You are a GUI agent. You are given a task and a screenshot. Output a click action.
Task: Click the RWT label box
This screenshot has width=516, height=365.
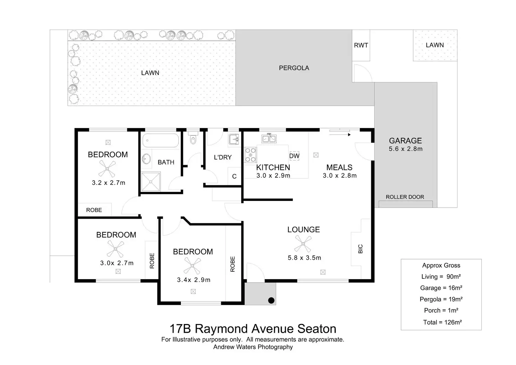(x=361, y=45)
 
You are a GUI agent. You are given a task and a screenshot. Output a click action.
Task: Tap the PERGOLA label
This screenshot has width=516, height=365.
(x=294, y=68)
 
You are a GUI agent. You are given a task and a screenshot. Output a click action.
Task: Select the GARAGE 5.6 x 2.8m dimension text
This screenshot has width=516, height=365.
(x=406, y=149)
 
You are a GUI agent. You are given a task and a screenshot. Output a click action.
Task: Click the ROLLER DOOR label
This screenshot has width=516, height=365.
(x=405, y=197)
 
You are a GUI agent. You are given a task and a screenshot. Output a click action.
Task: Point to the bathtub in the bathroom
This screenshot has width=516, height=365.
(x=161, y=140)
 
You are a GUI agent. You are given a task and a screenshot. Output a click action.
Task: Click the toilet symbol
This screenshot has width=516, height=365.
(x=193, y=137)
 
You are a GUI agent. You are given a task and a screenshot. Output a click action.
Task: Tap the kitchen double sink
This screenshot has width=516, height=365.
(x=269, y=138)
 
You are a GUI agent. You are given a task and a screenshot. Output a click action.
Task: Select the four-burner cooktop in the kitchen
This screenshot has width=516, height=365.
(x=250, y=155)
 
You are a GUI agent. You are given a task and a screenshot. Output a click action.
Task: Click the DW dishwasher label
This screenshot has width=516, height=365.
(x=294, y=156)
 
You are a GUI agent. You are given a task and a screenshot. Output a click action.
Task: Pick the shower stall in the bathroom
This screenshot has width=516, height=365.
(x=151, y=182)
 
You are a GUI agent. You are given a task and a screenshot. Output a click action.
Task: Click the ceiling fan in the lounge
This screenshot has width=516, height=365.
(x=303, y=244)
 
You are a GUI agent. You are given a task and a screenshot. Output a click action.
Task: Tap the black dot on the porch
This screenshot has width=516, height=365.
(x=271, y=300)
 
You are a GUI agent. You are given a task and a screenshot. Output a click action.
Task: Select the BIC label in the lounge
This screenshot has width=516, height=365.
(x=360, y=249)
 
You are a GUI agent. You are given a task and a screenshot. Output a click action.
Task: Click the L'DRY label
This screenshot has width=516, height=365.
(x=223, y=157)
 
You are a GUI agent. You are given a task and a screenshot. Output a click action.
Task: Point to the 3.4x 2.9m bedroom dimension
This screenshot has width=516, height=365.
(x=193, y=280)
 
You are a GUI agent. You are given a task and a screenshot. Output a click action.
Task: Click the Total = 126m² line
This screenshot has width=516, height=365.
(x=442, y=322)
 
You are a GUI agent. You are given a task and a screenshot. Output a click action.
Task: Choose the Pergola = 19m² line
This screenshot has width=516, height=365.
(x=441, y=299)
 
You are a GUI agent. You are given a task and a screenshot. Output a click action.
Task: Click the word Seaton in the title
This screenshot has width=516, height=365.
(x=317, y=329)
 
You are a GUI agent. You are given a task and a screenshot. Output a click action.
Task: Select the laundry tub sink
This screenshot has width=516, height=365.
(x=234, y=139)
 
